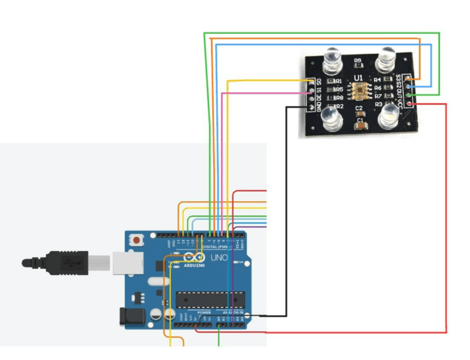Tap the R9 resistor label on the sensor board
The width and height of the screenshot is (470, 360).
click(x=358, y=60)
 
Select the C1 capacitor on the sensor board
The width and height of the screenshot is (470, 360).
click(x=359, y=122)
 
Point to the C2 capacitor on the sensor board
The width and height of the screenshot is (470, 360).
click(x=359, y=108)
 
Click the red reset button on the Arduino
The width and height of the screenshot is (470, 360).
click(x=137, y=239)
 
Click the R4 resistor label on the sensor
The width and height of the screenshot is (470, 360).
click(x=378, y=80)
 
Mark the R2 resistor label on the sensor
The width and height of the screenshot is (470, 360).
click(x=339, y=106)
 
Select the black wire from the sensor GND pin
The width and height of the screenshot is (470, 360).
click(x=287, y=199)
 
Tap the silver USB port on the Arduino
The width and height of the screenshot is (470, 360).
click(x=122, y=264)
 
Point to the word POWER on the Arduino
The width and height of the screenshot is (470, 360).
click(x=204, y=312)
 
